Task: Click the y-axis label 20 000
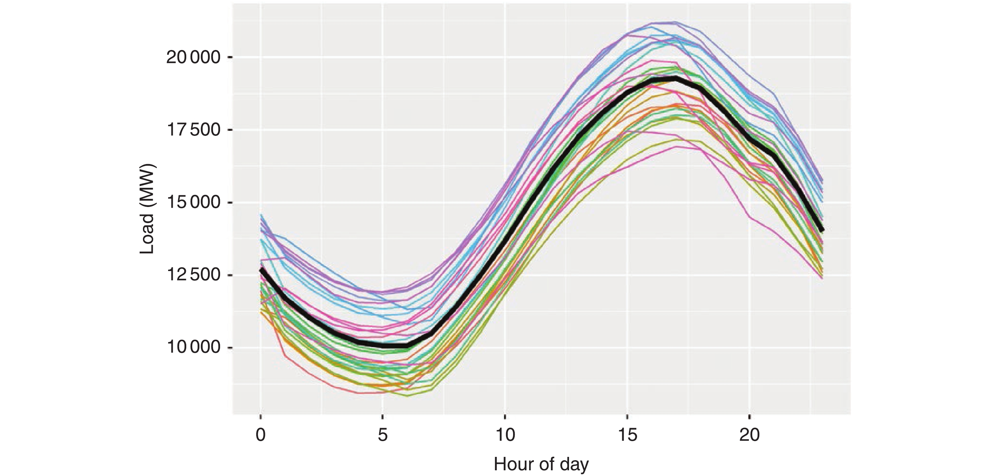tap(193, 58)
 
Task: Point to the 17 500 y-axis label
tap(193, 130)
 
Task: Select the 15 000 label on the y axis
tap(193, 203)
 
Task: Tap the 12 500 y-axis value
tap(193, 275)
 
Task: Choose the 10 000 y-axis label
tap(193, 348)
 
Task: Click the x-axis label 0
tap(261, 435)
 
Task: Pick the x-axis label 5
tap(382, 435)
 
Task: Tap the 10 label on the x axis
tap(505, 435)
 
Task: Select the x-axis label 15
tap(627, 435)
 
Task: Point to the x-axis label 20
tap(750, 435)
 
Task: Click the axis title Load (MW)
tap(147, 209)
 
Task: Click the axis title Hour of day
tap(541, 464)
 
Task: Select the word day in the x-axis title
tap(574, 465)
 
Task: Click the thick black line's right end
tap(822, 230)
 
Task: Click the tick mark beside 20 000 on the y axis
tap(230, 58)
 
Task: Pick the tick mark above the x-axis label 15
tap(627, 417)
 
